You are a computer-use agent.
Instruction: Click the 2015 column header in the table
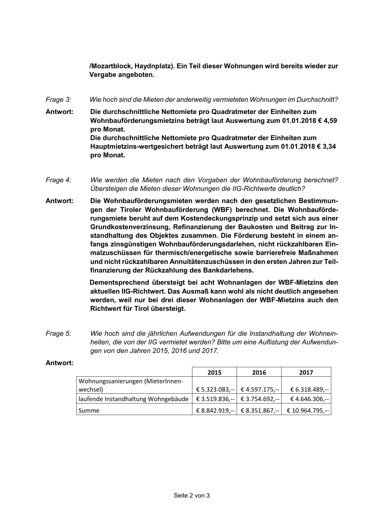click(214, 372)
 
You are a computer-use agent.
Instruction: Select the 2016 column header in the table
click(259, 372)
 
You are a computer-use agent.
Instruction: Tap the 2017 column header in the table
click(306, 372)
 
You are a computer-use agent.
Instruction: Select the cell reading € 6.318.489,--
click(309, 389)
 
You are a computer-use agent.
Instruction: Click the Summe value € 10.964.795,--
click(308, 411)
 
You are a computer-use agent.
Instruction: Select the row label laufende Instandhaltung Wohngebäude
click(134, 399)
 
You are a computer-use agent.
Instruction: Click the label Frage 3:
click(58, 99)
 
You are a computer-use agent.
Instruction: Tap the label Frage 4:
click(58, 180)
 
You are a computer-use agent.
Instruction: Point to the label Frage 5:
click(58, 333)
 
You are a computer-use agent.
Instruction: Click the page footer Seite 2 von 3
click(192, 495)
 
